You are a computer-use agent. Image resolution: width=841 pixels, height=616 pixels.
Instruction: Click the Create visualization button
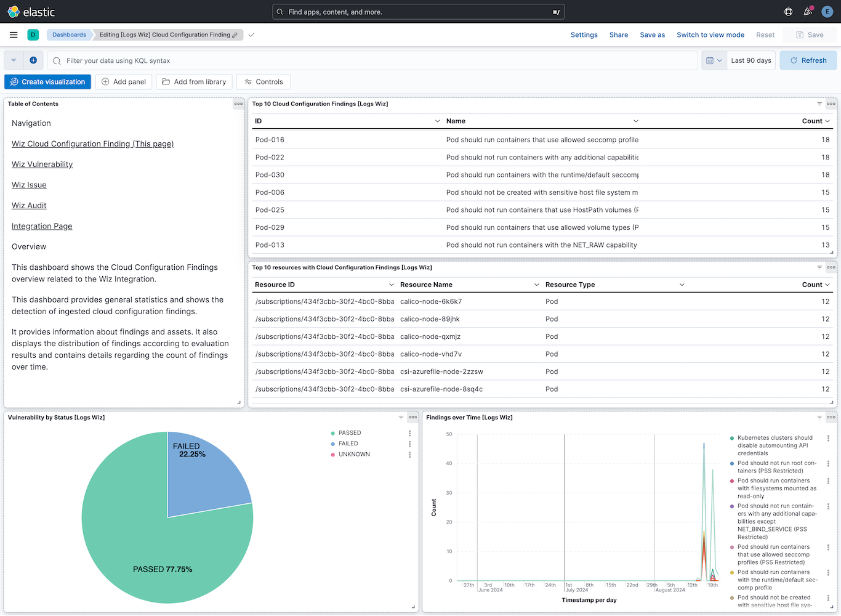pyautogui.click(x=47, y=82)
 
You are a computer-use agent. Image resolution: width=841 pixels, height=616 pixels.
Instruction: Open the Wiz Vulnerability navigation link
pyautogui.click(x=42, y=164)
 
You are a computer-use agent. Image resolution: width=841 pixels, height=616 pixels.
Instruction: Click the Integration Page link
pyautogui.click(x=42, y=226)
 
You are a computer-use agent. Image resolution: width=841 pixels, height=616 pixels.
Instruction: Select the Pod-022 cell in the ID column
pyautogui.click(x=270, y=157)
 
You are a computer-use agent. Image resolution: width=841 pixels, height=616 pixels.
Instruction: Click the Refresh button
pyautogui.click(x=808, y=60)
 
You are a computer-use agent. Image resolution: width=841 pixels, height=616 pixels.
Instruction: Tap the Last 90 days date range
pyautogui.click(x=750, y=60)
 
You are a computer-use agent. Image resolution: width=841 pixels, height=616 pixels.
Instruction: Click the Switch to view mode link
pyautogui.click(x=710, y=35)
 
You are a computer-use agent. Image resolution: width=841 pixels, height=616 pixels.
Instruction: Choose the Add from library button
pyautogui.click(x=194, y=82)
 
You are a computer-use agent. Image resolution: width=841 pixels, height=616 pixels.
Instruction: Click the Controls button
pyautogui.click(x=264, y=82)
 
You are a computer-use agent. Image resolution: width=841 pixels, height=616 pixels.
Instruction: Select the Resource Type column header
pyautogui.click(x=570, y=285)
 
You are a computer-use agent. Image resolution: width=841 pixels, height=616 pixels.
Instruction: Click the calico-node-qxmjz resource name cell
pyautogui.click(x=430, y=336)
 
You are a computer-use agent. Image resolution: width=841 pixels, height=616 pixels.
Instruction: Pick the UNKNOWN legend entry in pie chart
pyautogui.click(x=354, y=455)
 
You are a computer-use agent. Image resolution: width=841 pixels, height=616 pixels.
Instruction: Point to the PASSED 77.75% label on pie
pyautogui.click(x=163, y=569)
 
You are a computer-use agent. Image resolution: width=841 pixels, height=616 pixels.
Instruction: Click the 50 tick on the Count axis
pyautogui.click(x=449, y=434)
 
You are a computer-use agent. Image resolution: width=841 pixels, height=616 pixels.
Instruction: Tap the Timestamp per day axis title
pyautogui.click(x=589, y=600)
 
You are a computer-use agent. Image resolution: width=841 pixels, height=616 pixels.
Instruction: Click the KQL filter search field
pyautogui.click(x=369, y=60)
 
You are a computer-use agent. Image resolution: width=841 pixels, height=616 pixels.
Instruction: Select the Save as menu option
pyautogui.click(x=652, y=35)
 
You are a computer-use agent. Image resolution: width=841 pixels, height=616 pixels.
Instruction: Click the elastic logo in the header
pyautogui.click(x=31, y=12)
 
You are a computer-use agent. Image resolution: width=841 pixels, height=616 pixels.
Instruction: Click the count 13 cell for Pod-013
pyautogui.click(x=825, y=245)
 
